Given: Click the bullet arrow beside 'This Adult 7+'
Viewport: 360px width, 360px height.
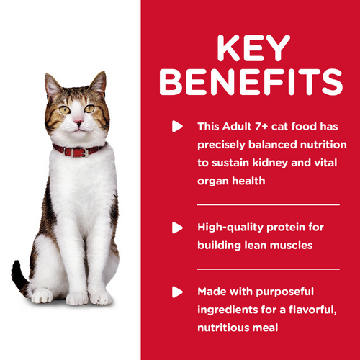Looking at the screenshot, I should click(x=176, y=127).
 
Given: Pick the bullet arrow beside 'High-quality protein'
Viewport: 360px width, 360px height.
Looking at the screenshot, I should click(x=176, y=228).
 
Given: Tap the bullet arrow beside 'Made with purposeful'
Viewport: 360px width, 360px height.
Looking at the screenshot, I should click(x=176, y=293).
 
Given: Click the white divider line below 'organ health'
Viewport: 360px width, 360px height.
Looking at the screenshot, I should click(x=268, y=204).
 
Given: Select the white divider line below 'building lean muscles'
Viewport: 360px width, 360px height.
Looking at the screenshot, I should click(x=268, y=269).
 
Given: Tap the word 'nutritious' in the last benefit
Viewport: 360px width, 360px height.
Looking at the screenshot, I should click(x=226, y=329).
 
